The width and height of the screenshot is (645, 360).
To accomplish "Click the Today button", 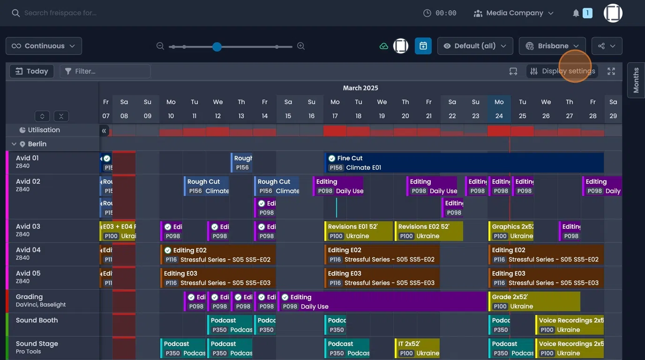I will point(32,71).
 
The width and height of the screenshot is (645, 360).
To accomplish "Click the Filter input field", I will point(105,71).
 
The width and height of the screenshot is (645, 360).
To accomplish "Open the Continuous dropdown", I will point(44,46).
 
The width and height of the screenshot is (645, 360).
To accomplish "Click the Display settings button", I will point(562,71).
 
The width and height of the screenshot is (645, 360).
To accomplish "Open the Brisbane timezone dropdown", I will point(552,46).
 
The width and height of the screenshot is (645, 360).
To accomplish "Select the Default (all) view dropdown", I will point(475,46).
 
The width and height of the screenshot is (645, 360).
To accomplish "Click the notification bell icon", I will point(576,13).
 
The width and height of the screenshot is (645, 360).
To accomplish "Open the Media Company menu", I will point(513,13).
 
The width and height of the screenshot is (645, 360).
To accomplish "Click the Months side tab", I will point(636,80).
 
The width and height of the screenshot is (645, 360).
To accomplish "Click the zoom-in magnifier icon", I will point(301,46).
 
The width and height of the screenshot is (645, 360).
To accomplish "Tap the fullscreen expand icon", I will point(611,71).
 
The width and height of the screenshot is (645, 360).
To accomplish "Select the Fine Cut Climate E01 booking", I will point(464,163).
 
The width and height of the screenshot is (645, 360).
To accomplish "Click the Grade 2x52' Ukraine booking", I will point(534,301).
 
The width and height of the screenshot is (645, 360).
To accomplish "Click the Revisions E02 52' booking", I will point(428,231).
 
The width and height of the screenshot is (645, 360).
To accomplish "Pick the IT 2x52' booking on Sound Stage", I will point(417,348).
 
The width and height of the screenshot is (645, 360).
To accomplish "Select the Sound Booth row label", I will point(37,320).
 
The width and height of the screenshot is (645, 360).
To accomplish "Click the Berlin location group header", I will point(37,144).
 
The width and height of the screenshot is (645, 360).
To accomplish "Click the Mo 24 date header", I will point(499,109).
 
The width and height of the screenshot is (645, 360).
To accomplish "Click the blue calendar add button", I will point(423,46).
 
